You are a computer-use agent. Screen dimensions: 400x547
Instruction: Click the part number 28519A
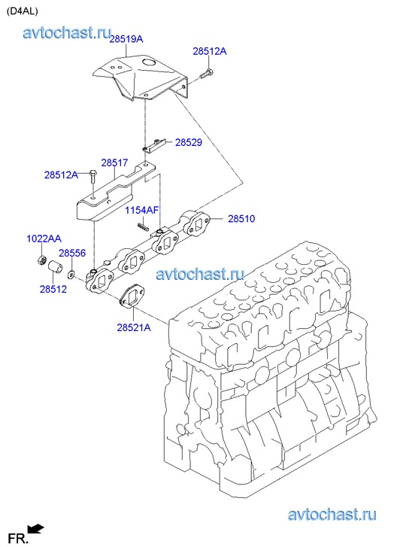tap(126, 38)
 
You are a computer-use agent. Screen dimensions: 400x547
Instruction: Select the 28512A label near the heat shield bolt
tap(210, 51)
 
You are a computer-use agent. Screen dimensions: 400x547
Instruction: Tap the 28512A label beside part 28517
tap(61, 175)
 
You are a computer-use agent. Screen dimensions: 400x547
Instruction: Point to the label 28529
tap(189, 142)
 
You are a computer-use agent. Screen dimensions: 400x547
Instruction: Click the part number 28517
tap(115, 163)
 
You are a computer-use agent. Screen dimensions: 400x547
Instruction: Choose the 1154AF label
tap(142, 210)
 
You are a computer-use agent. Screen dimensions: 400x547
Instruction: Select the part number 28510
tap(241, 219)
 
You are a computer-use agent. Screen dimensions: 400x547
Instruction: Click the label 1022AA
tap(44, 239)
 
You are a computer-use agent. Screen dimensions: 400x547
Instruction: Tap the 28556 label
tap(72, 253)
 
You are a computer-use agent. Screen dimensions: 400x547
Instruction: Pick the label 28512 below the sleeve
tap(53, 289)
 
